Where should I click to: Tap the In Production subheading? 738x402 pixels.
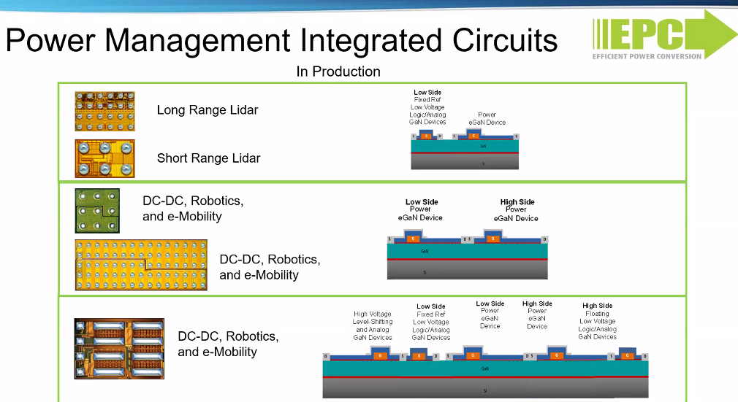coord(338,71)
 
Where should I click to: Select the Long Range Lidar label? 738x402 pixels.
coord(208,110)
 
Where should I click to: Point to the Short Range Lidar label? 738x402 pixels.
coord(208,158)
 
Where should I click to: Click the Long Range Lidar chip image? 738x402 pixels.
coord(104,111)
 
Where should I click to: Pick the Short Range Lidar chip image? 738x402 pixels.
coord(104,158)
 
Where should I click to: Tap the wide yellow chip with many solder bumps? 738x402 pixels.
coord(141,264)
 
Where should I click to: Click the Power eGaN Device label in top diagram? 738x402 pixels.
coord(487,118)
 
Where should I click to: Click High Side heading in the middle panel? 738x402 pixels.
coord(517,202)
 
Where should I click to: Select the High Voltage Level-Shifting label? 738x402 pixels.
coord(373,325)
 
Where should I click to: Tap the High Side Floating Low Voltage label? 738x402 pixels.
coord(597,321)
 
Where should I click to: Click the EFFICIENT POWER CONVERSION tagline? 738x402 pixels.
coord(647,56)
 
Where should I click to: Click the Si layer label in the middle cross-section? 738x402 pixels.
coord(425,272)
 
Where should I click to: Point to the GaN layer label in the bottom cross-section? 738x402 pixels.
coord(485,369)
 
